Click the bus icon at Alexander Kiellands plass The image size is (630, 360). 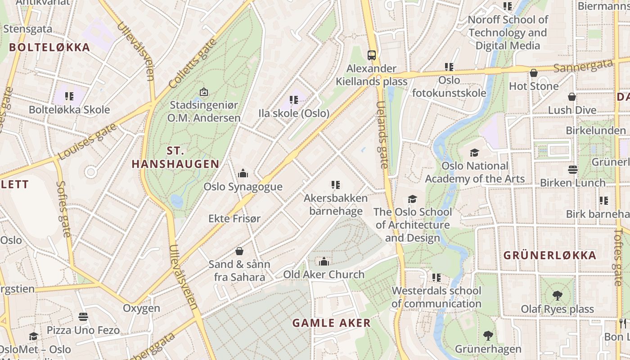(x=372, y=55)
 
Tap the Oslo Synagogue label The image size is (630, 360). (x=243, y=187)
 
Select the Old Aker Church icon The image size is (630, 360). (x=324, y=261)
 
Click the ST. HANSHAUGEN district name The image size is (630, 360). (x=175, y=157)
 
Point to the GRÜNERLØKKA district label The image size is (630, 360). (x=549, y=256)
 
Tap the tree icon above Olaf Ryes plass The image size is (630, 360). (x=558, y=296)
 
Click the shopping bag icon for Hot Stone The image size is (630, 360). (x=534, y=73)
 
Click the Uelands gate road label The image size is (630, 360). (x=382, y=135)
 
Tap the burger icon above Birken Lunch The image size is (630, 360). (x=573, y=170)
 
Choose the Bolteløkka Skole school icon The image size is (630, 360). (x=69, y=96)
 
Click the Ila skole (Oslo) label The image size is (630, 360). (x=294, y=113)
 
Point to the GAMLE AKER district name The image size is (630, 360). (x=331, y=323)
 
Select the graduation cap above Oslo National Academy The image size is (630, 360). (x=474, y=153)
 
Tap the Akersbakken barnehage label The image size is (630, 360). (x=336, y=205)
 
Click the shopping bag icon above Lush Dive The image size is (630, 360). (x=572, y=97)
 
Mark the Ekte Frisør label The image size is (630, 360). (x=234, y=219)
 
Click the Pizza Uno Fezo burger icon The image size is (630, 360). (x=83, y=317)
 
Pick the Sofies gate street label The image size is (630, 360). (x=63, y=209)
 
